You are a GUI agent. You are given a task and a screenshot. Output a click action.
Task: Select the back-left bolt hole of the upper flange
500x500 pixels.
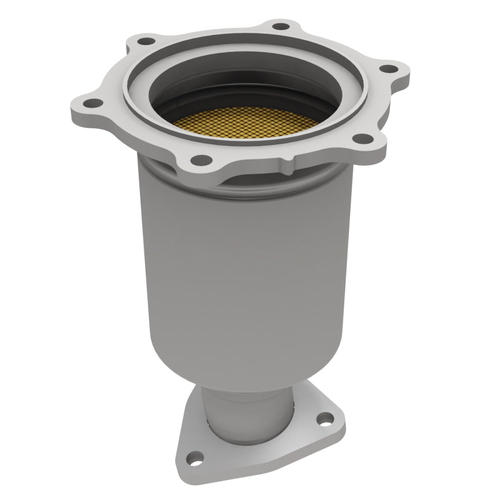(146, 41)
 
